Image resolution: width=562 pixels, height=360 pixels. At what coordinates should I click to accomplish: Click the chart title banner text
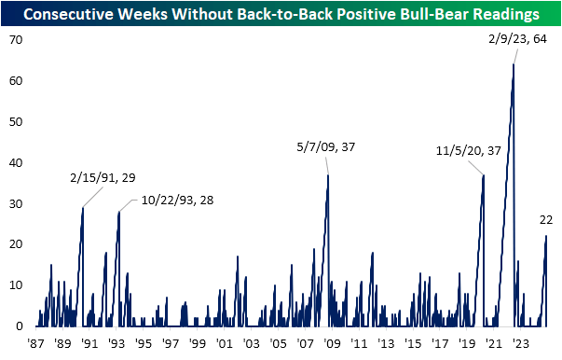[x=281, y=14]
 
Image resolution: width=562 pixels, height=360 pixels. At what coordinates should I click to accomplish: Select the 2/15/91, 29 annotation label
[x=101, y=176]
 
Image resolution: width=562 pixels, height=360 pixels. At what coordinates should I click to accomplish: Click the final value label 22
[x=547, y=220]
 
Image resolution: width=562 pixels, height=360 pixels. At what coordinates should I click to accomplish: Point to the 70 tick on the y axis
[x=16, y=40]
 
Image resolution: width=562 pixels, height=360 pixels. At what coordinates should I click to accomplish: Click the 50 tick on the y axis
[x=16, y=122]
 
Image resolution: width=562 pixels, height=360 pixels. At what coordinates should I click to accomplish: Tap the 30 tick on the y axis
[x=16, y=203]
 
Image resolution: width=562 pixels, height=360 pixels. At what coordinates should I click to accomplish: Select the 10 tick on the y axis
[x=16, y=285]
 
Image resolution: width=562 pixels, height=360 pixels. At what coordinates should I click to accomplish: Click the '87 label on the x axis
[x=37, y=343]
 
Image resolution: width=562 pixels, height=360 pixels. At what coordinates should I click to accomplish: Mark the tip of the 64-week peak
[x=514, y=64]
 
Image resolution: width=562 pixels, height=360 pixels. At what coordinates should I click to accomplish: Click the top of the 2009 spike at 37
[x=328, y=174]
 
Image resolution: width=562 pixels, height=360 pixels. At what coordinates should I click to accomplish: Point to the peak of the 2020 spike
[x=483, y=174]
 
